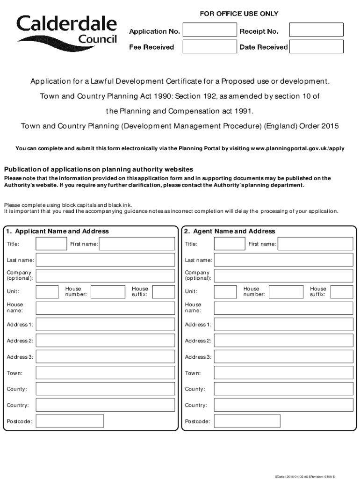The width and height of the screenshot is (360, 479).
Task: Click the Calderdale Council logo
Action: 67,31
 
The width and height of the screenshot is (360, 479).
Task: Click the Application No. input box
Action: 209,30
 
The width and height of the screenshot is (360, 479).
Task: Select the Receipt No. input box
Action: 316,30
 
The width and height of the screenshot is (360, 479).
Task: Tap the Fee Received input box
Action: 209,47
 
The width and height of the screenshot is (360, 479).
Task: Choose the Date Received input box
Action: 316,47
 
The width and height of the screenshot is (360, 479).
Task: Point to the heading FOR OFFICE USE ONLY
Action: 239,14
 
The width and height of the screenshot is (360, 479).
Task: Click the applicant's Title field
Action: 51,244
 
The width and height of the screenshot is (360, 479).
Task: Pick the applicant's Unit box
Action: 47,292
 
